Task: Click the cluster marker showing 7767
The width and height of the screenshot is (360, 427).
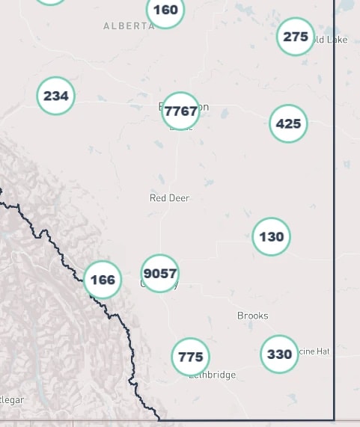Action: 180,111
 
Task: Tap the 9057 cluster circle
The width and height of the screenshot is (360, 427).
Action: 159,274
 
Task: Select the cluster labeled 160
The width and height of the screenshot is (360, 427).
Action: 165,10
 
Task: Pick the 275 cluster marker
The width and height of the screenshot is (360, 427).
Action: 296,37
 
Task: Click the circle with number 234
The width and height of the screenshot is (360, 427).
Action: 56,96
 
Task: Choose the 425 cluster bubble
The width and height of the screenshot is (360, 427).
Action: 288,123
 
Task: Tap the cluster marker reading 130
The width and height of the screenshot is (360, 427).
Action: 271,237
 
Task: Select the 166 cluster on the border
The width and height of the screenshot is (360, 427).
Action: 103,280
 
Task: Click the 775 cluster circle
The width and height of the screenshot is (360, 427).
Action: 191,357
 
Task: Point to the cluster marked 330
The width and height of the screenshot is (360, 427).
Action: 279,354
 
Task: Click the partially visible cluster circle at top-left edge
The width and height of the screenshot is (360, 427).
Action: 50,1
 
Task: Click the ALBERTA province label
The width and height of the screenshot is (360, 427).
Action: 129,25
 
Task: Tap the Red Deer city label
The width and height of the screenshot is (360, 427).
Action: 170,198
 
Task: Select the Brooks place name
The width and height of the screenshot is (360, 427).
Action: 252,316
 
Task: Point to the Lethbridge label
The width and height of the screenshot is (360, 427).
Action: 216,375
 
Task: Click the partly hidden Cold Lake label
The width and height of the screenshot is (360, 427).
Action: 332,40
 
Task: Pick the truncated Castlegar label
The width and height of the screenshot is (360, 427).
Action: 12,400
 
